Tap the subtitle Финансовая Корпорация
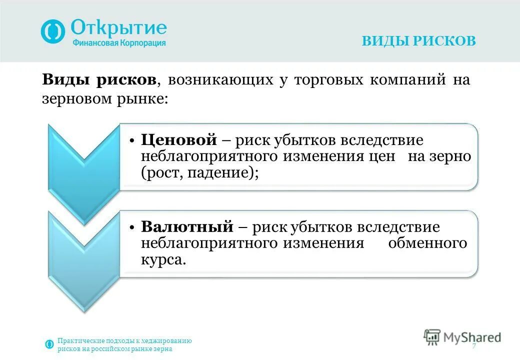click(x=119, y=43)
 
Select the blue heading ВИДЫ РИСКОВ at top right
click(x=418, y=41)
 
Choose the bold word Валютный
click(x=187, y=227)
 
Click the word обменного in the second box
click(x=427, y=243)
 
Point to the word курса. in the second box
click(x=163, y=260)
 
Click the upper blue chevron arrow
click(x=83, y=160)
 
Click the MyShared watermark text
click(x=471, y=337)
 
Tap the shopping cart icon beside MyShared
click(x=431, y=337)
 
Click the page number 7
click(x=473, y=347)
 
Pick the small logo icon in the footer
click(x=49, y=344)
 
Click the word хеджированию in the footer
click(x=167, y=341)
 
